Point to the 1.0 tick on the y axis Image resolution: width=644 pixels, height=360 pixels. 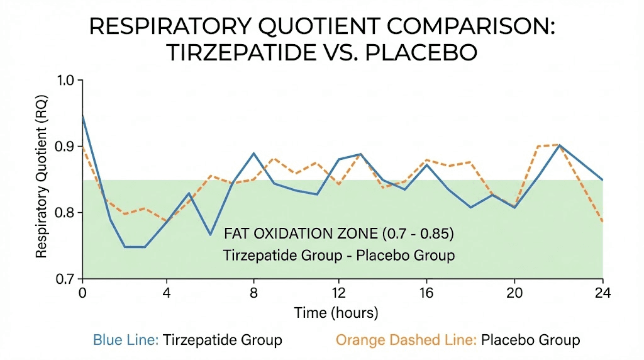tap(65, 81)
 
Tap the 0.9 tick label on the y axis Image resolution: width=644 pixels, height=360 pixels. tap(65, 147)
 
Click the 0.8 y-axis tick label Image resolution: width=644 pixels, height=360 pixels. tap(65, 213)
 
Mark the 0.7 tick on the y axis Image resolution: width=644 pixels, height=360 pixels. tap(65, 279)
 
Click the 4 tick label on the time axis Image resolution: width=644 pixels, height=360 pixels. tap(167, 293)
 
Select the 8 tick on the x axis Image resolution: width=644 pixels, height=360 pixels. tap(253, 293)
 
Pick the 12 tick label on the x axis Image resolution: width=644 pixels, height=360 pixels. tap(340, 293)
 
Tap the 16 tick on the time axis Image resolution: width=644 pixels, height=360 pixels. tap(427, 293)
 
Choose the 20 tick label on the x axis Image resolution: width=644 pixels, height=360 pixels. tap(514, 293)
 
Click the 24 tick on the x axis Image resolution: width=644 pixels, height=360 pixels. tap(602, 293)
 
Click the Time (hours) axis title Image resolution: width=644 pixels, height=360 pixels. tap(336, 313)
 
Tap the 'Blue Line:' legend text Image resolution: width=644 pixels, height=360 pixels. tap(126, 340)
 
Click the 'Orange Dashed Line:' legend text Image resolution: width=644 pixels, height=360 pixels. tap(406, 340)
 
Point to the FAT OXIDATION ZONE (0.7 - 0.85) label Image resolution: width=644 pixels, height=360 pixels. tap(339, 234)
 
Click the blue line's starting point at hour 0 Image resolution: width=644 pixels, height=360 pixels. tap(82, 115)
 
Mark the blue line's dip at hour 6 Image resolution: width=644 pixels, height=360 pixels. tap(211, 235)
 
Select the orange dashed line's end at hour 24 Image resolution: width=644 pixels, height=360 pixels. tap(602, 222)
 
